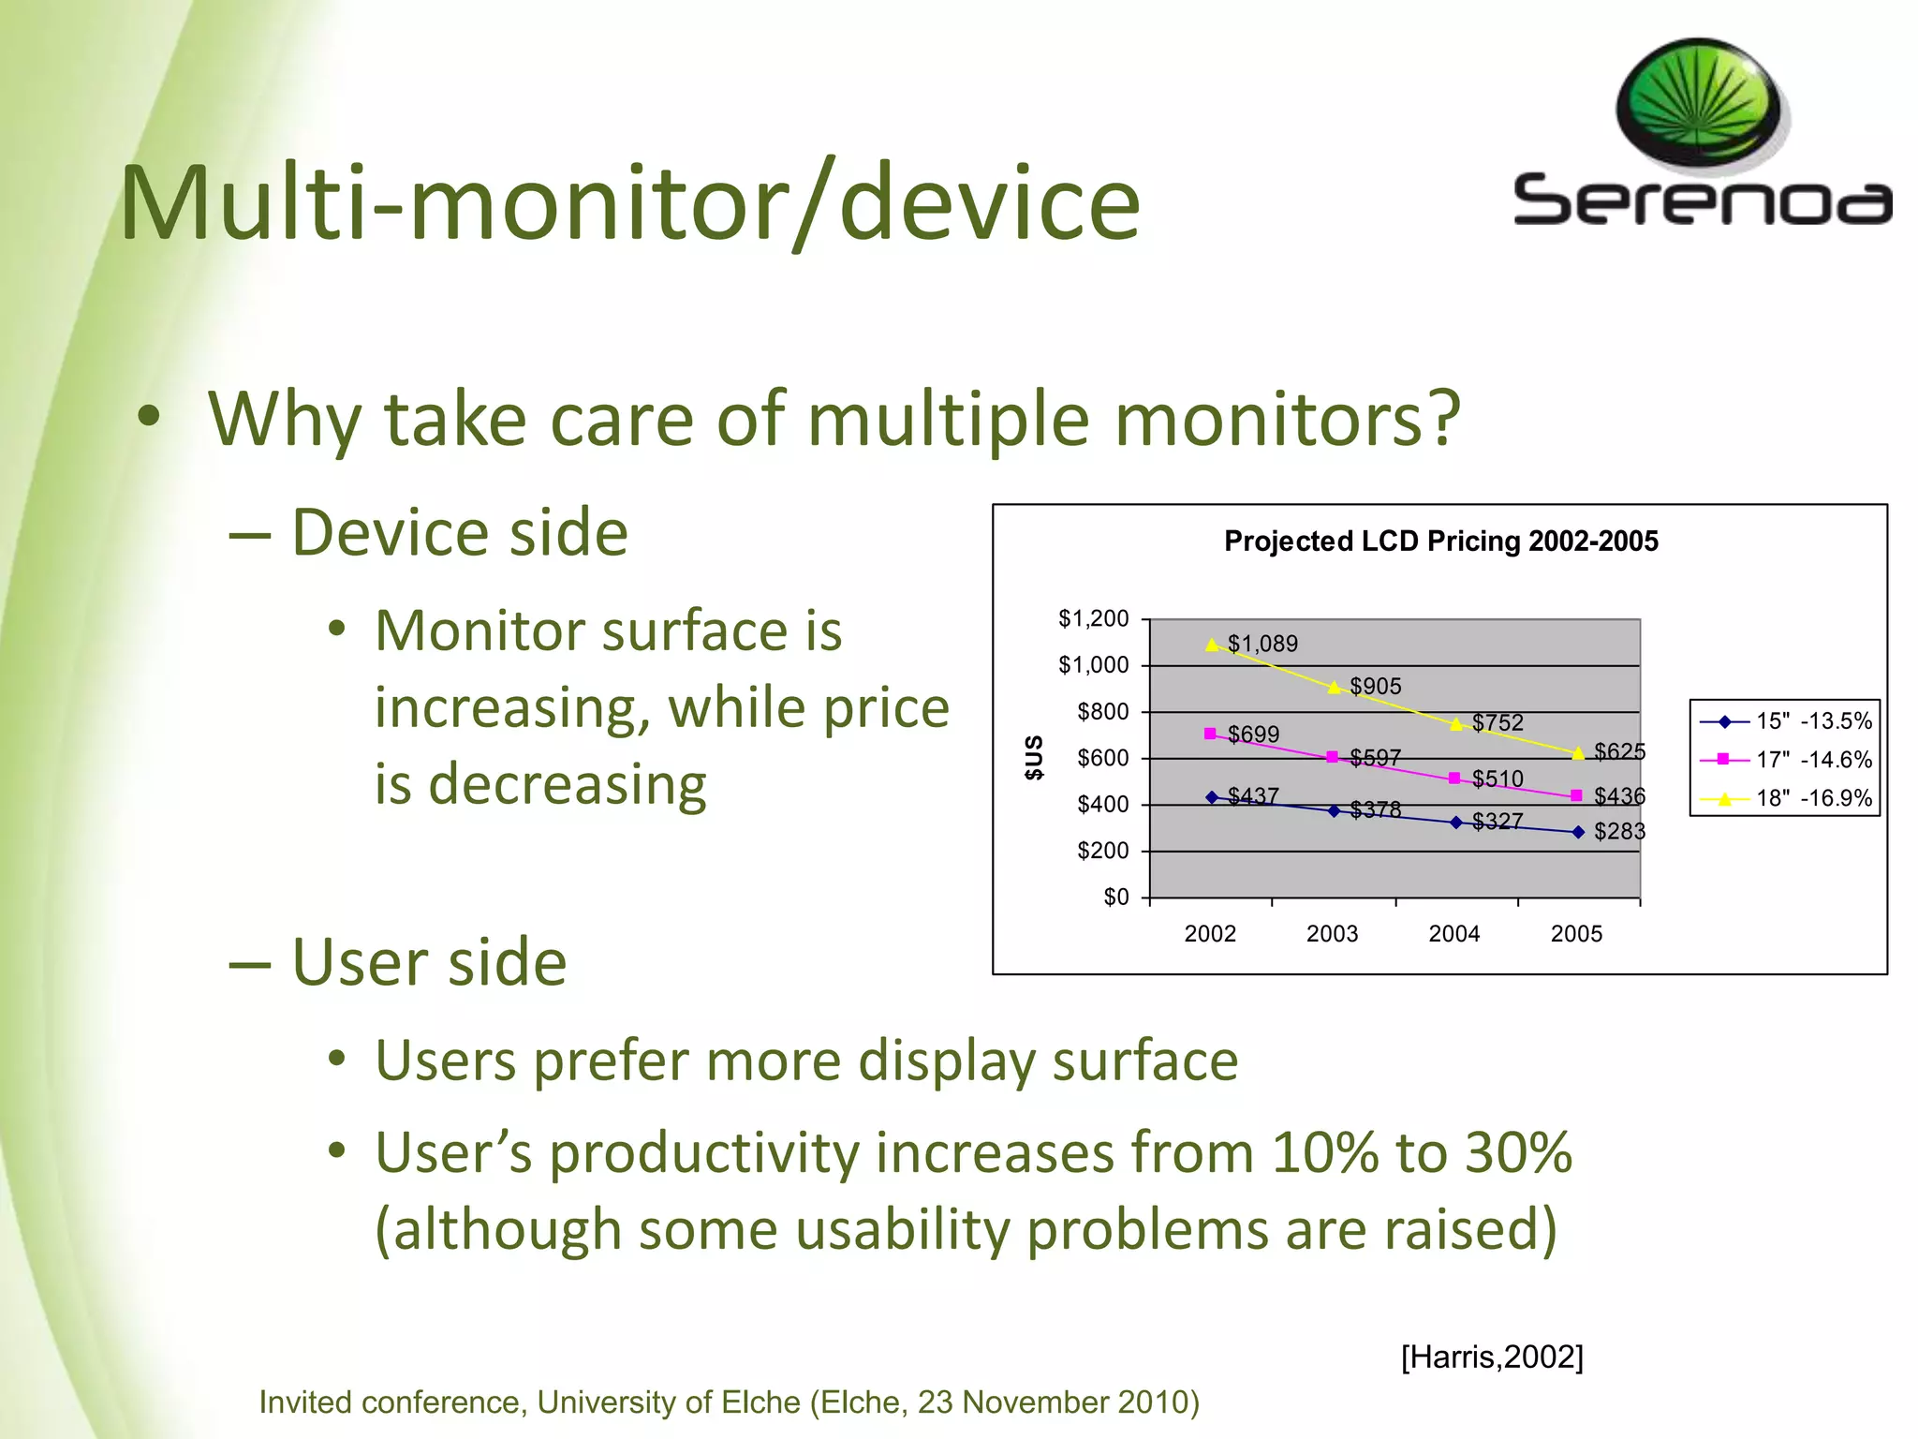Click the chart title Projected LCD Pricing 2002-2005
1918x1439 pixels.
pos(1440,541)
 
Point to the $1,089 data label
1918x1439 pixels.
pos(1261,644)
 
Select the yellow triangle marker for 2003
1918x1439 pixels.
pos(1335,688)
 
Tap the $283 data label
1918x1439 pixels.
pos(1619,831)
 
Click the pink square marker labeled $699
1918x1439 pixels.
pos(1210,734)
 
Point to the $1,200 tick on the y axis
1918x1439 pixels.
pos(1093,618)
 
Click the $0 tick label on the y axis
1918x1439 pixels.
pos(1115,897)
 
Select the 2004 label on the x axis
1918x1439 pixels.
pos(1453,933)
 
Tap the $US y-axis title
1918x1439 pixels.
pos(1033,757)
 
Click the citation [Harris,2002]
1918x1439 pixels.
pos(1491,1356)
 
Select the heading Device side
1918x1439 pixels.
pos(459,532)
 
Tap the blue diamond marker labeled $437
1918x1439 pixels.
pos(1212,797)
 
